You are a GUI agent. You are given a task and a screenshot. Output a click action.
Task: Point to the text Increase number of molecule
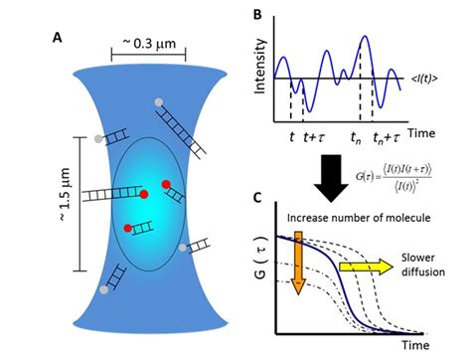(340, 217)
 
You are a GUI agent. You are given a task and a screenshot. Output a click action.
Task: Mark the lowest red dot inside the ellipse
(128, 229)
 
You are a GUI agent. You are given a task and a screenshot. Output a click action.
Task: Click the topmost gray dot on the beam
(158, 102)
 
